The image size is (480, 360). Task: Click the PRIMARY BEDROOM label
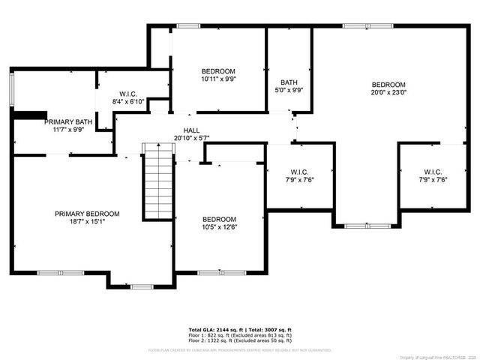(87, 214)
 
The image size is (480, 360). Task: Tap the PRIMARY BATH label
(68, 121)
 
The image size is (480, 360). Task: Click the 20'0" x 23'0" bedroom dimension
(388, 93)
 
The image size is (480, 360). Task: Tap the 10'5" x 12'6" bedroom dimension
(218, 227)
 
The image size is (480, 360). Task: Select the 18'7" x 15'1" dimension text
(87, 222)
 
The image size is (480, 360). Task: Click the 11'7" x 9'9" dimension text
(68, 130)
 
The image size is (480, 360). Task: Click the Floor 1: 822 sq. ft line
(239, 334)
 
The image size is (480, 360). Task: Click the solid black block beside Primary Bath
(29, 115)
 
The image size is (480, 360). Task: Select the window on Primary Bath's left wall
(12, 89)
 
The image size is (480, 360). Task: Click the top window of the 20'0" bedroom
(358, 26)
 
